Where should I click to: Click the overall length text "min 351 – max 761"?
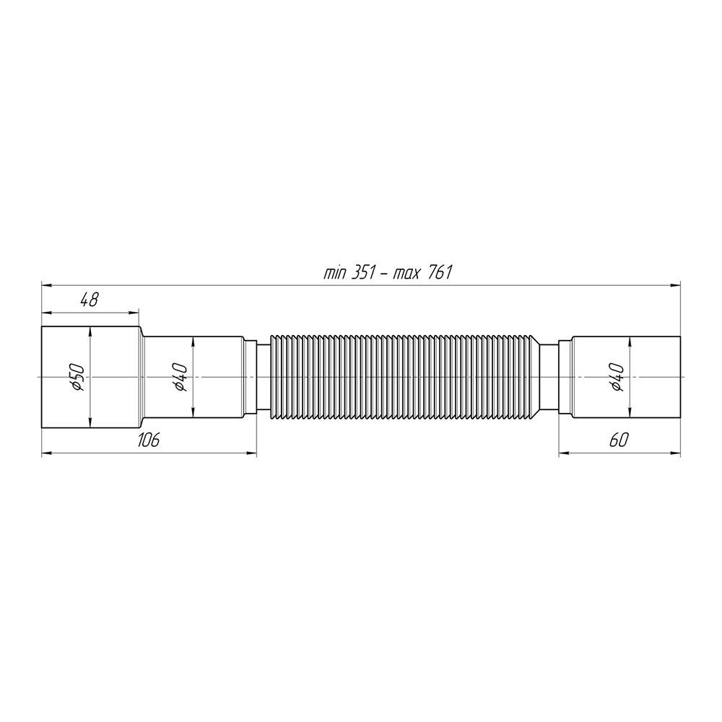(388, 274)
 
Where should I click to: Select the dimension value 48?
(89, 300)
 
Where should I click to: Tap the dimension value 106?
(148, 440)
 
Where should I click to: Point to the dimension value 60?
(619, 440)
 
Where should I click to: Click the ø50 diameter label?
(77, 377)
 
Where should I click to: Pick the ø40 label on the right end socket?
(617, 377)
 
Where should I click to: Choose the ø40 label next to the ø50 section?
(180, 377)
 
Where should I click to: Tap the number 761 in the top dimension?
(440, 274)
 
